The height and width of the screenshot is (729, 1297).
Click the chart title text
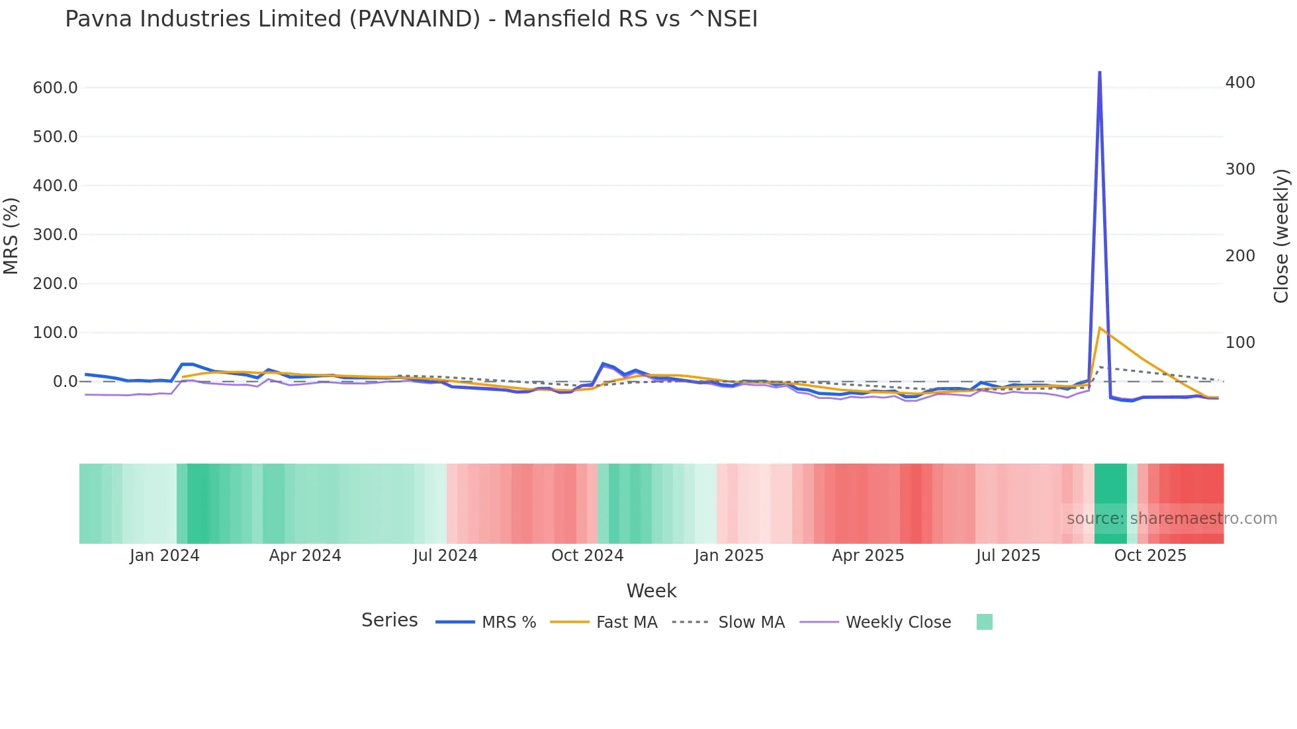click(411, 19)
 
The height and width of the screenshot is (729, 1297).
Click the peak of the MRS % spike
click(1099, 72)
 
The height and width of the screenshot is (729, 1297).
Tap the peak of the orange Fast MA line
click(1099, 327)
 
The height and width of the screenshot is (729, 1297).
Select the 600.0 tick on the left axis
click(55, 88)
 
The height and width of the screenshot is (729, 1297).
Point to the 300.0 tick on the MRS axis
click(55, 235)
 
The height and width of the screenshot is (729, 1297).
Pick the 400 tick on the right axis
click(1240, 83)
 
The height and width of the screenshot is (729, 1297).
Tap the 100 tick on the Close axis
click(1240, 343)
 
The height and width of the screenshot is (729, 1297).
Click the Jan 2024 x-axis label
click(164, 556)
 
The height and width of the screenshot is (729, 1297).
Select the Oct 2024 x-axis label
click(587, 556)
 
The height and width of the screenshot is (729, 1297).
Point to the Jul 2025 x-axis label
click(1008, 556)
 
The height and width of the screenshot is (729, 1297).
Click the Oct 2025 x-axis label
click(1150, 556)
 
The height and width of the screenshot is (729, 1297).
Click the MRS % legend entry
click(508, 622)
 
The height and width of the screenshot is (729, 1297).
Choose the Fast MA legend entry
click(626, 622)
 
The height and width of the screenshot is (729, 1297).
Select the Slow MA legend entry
click(751, 622)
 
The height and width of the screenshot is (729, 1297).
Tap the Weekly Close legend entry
click(898, 622)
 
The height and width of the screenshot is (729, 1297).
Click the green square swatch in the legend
click(984, 622)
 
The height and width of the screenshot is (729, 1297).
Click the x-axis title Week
click(651, 591)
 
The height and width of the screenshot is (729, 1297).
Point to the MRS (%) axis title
click(11, 236)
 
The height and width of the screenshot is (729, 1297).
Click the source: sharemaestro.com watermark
click(1171, 519)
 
